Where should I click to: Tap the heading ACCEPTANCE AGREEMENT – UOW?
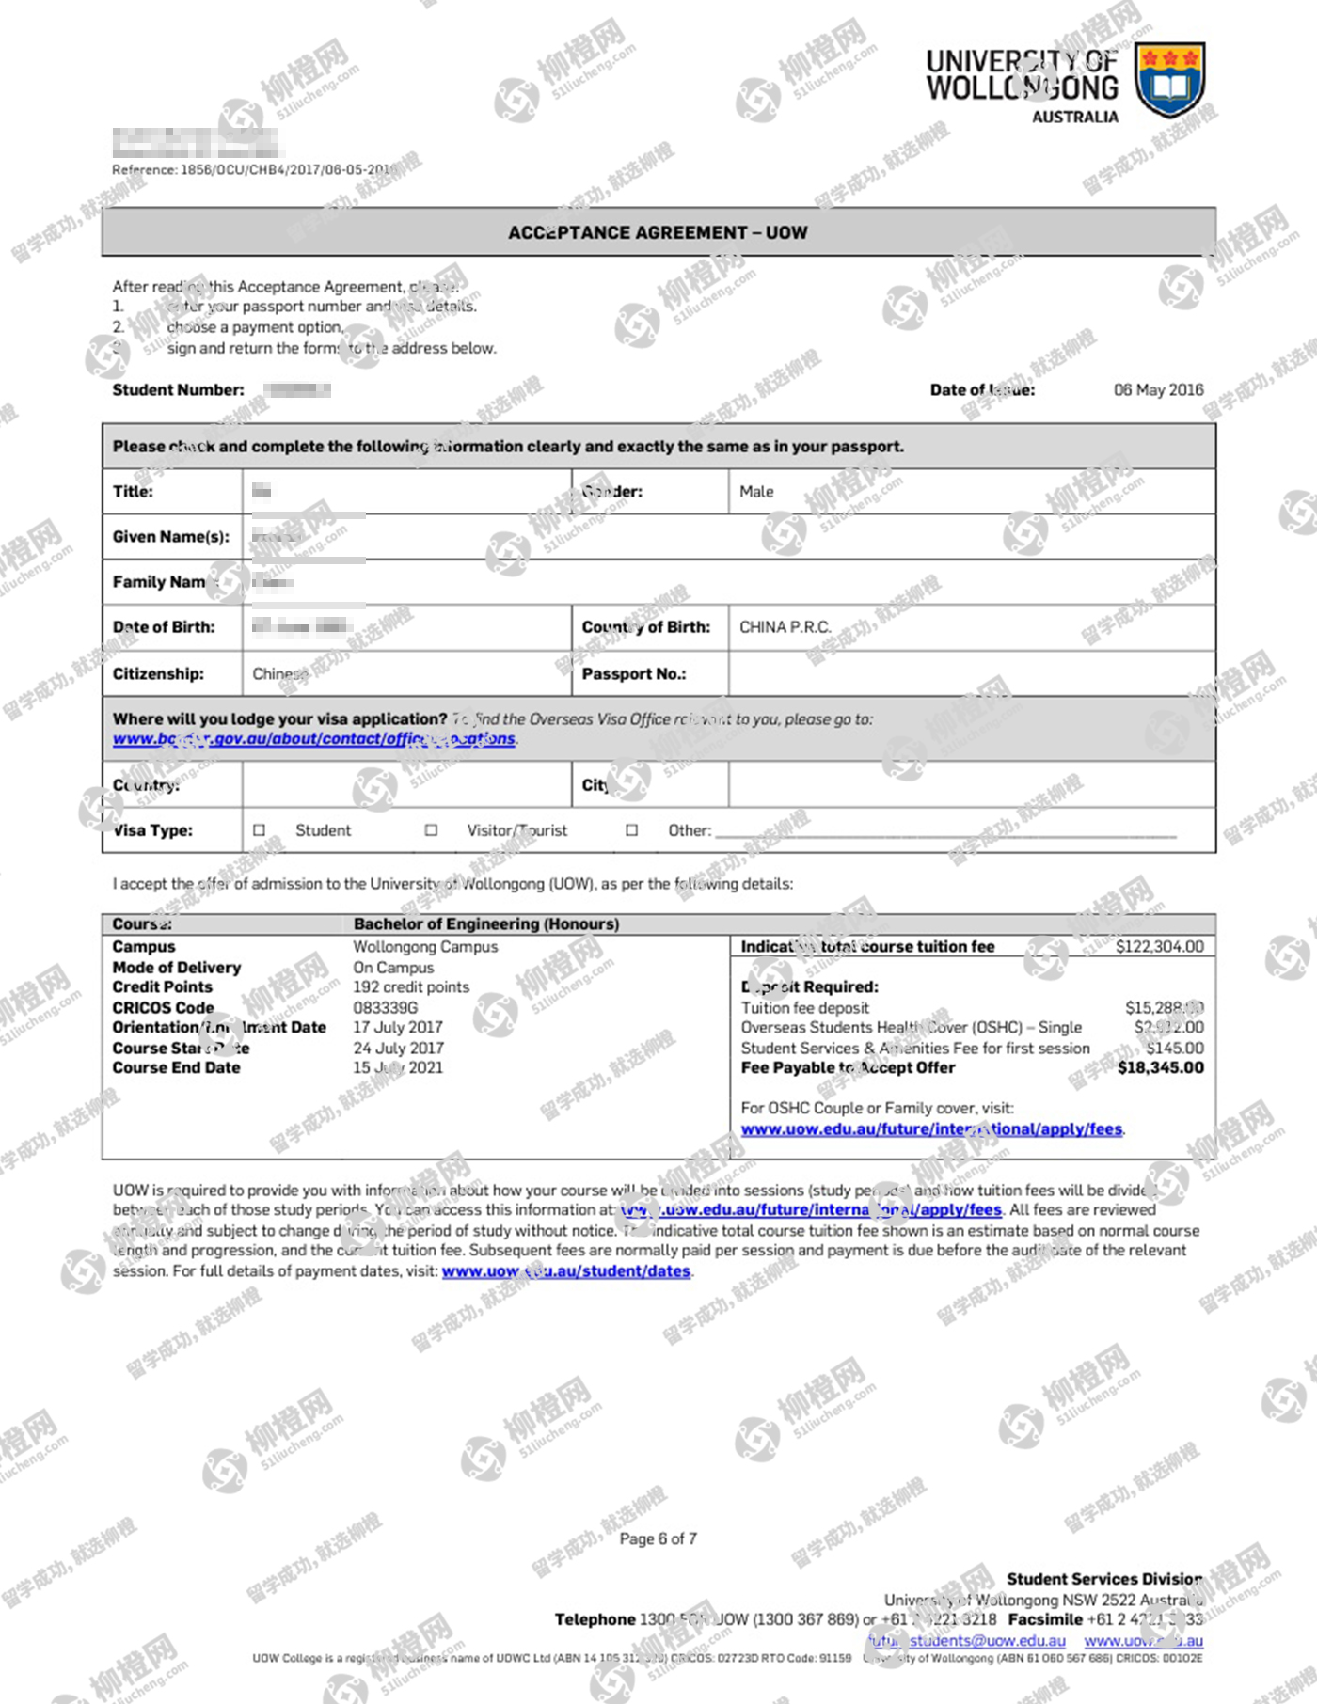658,232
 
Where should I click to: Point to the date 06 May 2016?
1158,389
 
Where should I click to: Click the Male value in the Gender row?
756,491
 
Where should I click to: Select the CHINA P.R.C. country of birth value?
785,626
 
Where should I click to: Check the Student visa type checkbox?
260,830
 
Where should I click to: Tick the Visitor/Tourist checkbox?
431,830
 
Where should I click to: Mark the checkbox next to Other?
632,830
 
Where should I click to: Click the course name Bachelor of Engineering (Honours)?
485,923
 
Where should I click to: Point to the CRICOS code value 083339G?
385,1007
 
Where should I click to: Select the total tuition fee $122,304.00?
1159,946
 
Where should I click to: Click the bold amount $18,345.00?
1160,1067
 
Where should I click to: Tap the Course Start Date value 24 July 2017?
398,1048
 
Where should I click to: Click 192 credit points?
410,986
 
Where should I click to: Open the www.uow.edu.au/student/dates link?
565,1270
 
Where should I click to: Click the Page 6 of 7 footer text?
658,1538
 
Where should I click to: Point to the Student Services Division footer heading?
1103,1578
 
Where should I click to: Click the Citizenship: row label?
157,673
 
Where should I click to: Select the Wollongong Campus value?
425,946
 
